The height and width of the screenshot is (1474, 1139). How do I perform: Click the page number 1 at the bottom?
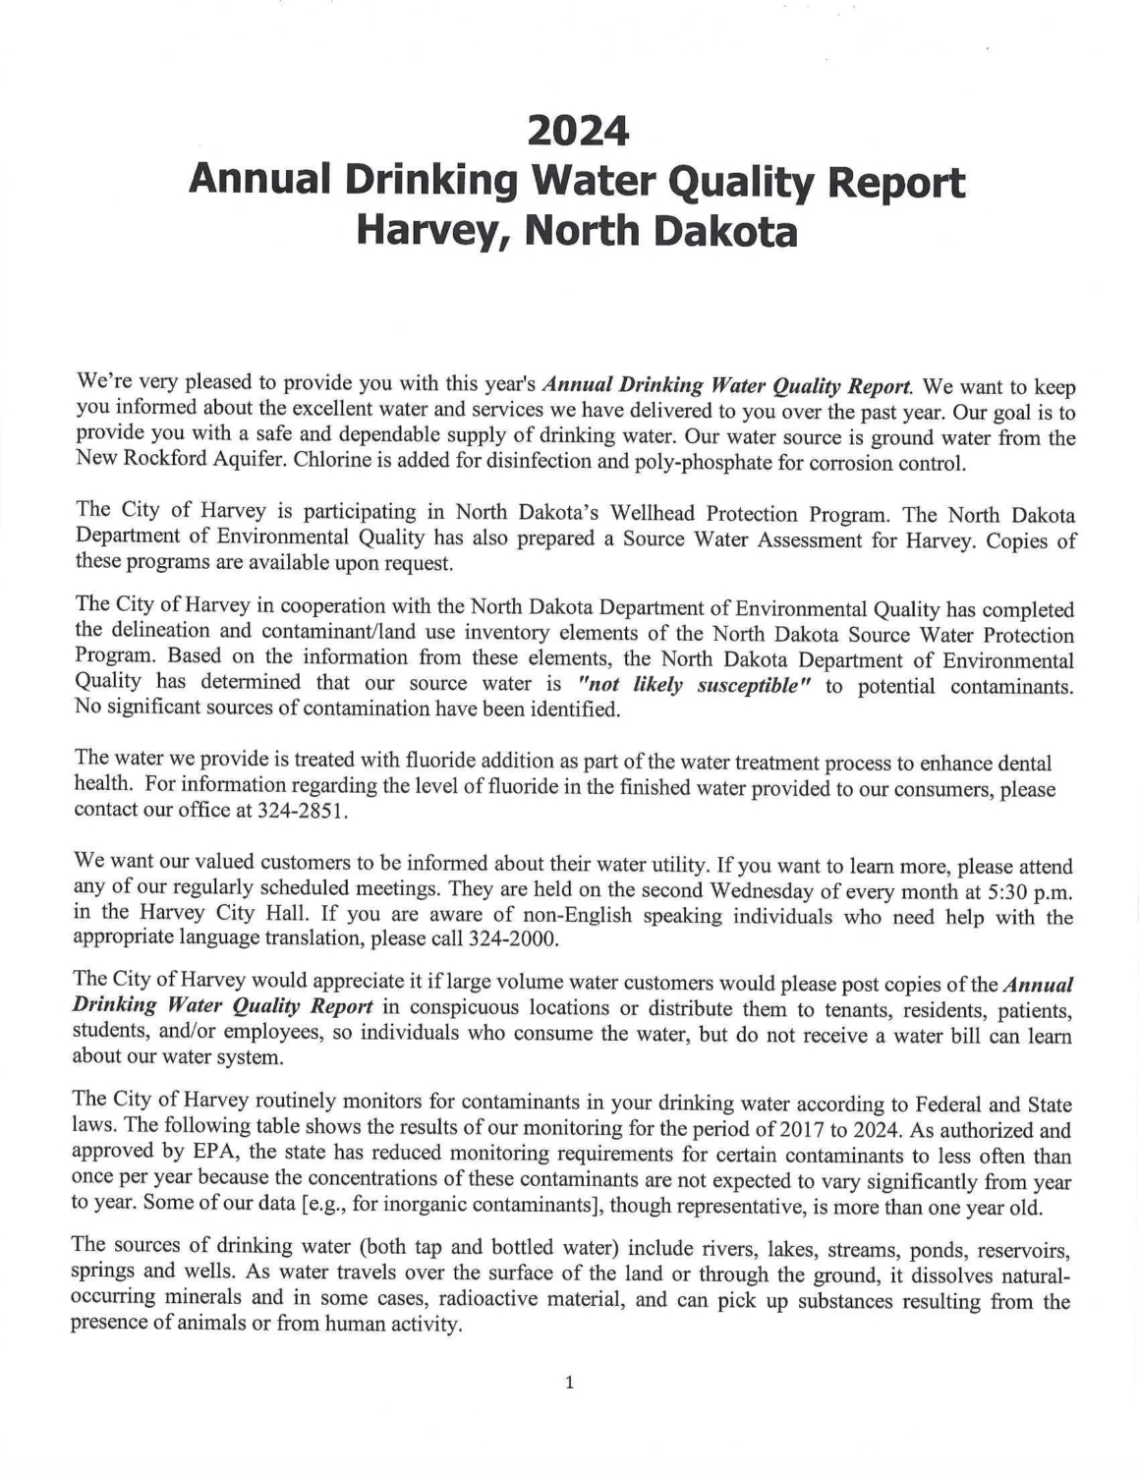(569, 1384)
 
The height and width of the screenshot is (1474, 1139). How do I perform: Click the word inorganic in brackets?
(381, 1208)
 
